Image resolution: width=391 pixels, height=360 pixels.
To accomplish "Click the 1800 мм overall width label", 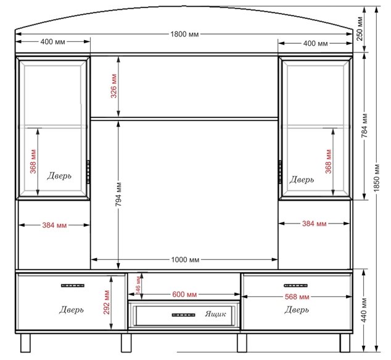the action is tap(184, 34).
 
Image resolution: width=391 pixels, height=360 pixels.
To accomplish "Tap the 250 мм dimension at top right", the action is tap(360, 29).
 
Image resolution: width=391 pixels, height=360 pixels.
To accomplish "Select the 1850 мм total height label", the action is tap(377, 178).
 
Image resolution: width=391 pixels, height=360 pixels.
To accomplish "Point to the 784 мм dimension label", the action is tap(364, 125).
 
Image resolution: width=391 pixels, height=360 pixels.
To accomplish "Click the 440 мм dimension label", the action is tap(364, 310).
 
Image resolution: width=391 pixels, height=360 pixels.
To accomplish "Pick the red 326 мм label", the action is tap(113, 86).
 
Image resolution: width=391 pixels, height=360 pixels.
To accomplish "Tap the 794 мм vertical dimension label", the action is tap(118, 195).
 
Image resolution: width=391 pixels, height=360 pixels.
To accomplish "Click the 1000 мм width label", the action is tap(185, 259).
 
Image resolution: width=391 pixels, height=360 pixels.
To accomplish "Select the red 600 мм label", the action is tap(184, 295).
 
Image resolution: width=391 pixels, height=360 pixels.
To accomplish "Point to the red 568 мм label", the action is tap(297, 297).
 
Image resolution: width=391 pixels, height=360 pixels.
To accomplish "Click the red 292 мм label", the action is tap(107, 303).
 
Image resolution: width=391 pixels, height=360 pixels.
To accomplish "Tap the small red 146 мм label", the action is tap(138, 286).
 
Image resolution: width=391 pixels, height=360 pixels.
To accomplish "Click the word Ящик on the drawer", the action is tap(216, 314).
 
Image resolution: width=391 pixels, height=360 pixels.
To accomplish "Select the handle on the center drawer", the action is tap(184, 315).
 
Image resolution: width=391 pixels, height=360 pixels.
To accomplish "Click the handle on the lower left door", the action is tap(73, 285).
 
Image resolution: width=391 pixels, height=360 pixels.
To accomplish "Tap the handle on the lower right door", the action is tap(296, 285).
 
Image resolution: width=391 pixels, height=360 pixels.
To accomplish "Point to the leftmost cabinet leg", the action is tap(25, 343).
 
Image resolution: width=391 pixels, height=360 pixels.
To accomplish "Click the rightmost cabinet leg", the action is tap(345, 343).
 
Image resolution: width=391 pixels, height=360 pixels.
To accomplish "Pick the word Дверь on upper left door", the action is tap(59, 176).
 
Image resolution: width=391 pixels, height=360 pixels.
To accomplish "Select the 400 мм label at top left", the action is tap(53, 42).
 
